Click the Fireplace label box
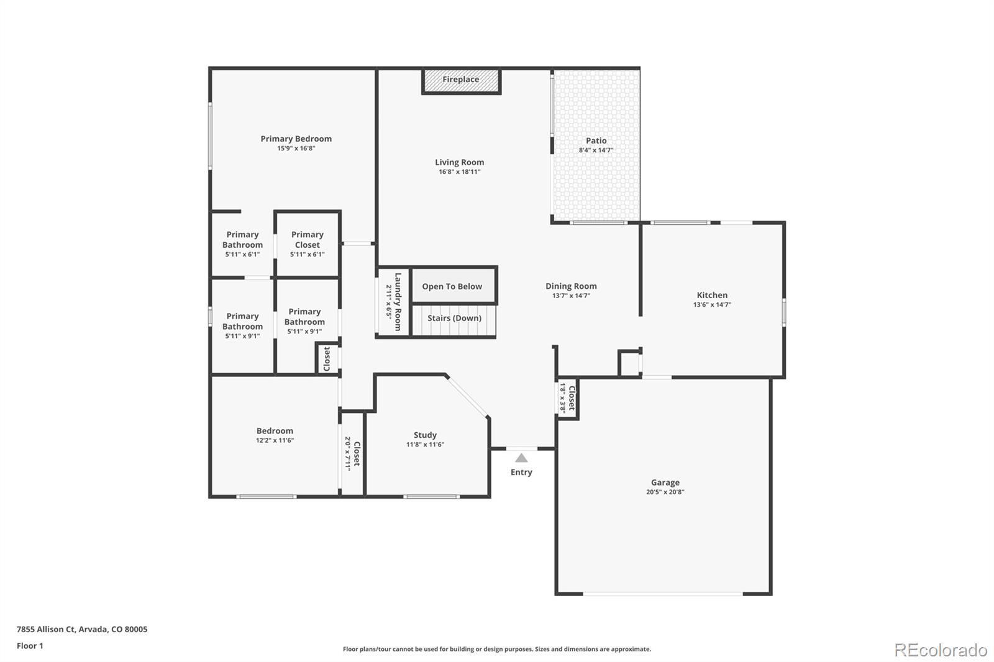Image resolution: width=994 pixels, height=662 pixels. click(x=461, y=80)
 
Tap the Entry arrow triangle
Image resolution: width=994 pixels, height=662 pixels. click(x=521, y=458)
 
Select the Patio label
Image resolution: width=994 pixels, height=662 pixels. click(x=596, y=141)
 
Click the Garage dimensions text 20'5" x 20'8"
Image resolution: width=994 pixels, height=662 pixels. click(x=665, y=492)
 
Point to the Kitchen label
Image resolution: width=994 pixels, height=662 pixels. click(x=712, y=295)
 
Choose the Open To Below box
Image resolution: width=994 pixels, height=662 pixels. click(x=452, y=286)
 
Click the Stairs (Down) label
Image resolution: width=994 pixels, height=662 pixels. click(x=454, y=318)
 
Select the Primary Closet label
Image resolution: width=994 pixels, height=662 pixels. click(x=308, y=240)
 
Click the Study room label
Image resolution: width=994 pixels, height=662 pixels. click(x=425, y=435)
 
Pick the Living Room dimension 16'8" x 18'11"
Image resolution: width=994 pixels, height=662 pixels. click(x=459, y=172)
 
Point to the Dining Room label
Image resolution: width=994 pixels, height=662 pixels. click(x=571, y=286)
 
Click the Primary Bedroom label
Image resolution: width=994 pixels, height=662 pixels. click(x=296, y=138)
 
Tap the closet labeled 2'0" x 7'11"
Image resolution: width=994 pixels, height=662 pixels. click(x=352, y=453)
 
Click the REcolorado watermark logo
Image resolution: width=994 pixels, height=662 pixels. click(x=940, y=650)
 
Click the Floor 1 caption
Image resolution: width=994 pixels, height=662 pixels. click(x=30, y=646)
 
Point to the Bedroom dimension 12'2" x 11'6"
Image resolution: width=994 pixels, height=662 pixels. click(x=275, y=440)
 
